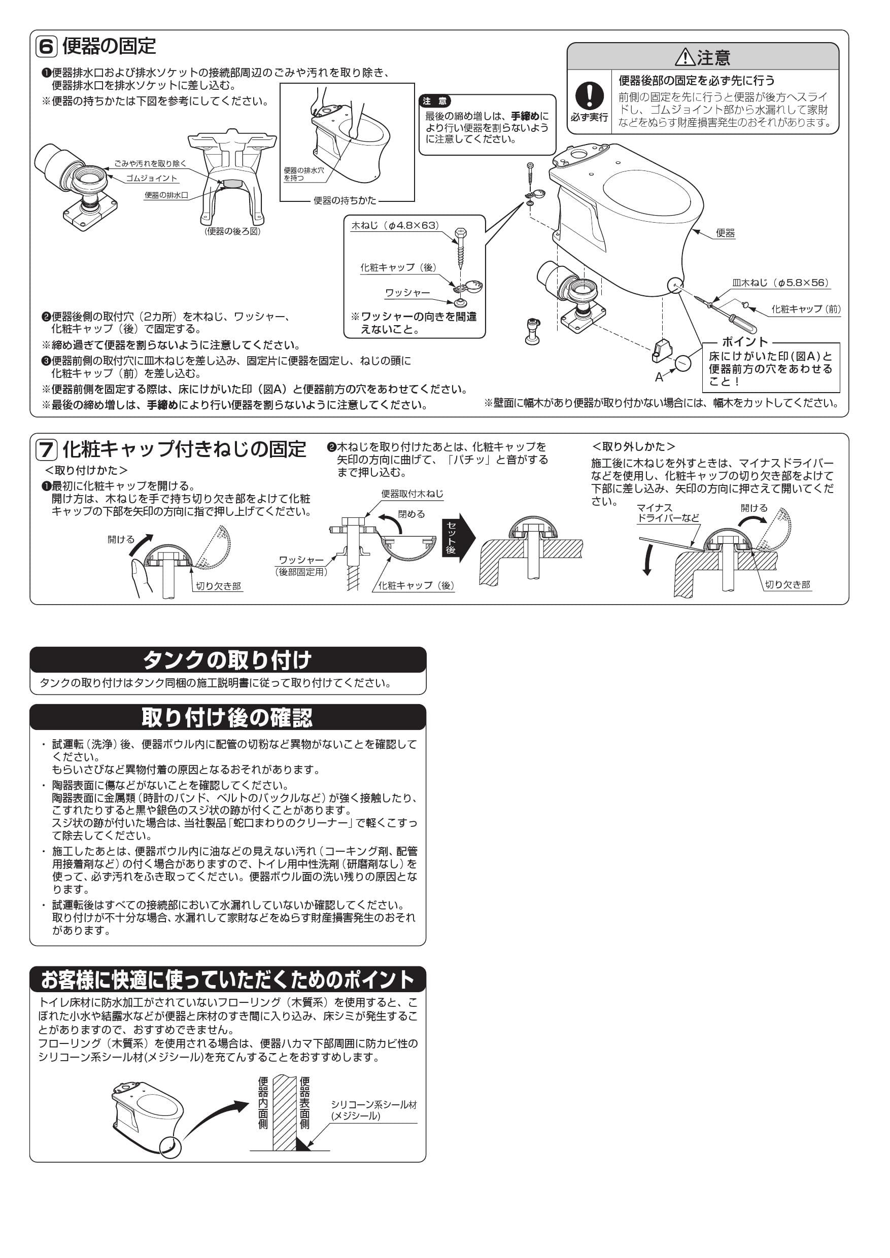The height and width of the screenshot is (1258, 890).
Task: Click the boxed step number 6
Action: (x=46, y=47)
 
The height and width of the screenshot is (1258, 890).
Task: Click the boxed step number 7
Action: (x=46, y=450)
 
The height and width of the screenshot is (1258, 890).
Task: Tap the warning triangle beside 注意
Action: (x=684, y=56)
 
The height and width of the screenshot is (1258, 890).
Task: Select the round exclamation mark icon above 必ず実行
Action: (x=589, y=95)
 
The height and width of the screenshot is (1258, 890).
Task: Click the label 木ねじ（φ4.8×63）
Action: (x=395, y=225)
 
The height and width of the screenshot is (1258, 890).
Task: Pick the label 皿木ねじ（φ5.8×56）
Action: (x=780, y=283)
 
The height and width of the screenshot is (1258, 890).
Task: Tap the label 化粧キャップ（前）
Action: (x=806, y=309)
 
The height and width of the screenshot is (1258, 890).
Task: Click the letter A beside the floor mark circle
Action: (x=659, y=377)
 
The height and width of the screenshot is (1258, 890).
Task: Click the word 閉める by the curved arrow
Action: (x=411, y=514)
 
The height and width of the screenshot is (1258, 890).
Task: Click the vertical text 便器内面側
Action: (x=263, y=1103)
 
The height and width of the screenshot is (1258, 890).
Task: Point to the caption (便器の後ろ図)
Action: (x=232, y=231)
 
